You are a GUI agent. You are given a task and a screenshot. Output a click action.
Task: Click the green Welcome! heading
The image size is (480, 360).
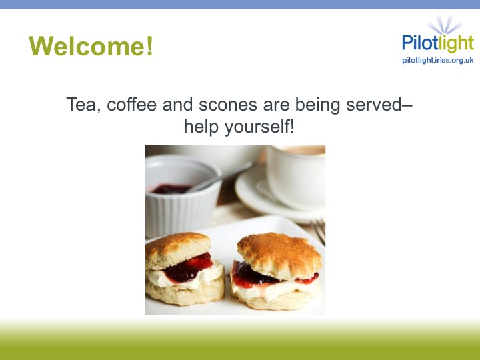(x=91, y=46)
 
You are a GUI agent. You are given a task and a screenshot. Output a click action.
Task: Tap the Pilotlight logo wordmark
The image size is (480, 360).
(x=438, y=43)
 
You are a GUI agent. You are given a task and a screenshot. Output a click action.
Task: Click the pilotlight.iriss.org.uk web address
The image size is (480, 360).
(x=438, y=60)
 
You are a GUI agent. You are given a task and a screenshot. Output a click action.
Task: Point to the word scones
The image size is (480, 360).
(x=228, y=105)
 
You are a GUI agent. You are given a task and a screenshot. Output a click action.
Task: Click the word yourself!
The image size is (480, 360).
(x=259, y=127)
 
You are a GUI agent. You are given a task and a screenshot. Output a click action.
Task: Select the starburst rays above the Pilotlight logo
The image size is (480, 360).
(x=445, y=25)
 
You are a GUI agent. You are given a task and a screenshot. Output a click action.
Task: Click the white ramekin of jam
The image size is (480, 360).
(x=183, y=196)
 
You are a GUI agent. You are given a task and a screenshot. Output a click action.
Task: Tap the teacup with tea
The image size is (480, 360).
(x=296, y=177)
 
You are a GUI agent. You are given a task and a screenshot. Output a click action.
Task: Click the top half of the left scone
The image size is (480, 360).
(x=177, y=249)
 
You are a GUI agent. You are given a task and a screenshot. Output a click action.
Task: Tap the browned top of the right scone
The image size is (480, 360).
(x=279, y=254)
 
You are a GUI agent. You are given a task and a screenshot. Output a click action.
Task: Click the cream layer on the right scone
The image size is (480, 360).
(x=273, y=290)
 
